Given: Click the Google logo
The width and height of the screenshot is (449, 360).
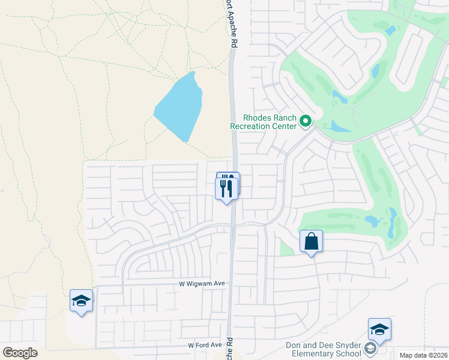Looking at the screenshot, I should tap(20, 353).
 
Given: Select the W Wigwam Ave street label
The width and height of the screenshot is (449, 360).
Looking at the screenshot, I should tap(201, 283).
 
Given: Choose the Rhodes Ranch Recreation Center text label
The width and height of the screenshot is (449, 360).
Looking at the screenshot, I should tap(264, 122).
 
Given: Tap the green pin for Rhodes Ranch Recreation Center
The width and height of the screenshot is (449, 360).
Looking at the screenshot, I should tap(306, 121).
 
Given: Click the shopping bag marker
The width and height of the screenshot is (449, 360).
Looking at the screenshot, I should tap(312, 242).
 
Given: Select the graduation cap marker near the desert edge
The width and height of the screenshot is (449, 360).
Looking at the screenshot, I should tap(81, 301).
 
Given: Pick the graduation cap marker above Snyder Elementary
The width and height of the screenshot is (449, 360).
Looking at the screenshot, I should tap(379, 329).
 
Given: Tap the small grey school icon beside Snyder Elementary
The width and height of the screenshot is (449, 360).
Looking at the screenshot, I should tap(371, 349).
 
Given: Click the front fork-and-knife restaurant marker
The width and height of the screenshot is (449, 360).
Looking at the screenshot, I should tap(226, 188).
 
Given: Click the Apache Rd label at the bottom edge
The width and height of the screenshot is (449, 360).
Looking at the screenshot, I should tap(229, 350).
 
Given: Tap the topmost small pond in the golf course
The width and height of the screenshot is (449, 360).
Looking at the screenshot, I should tap(391, 29).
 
